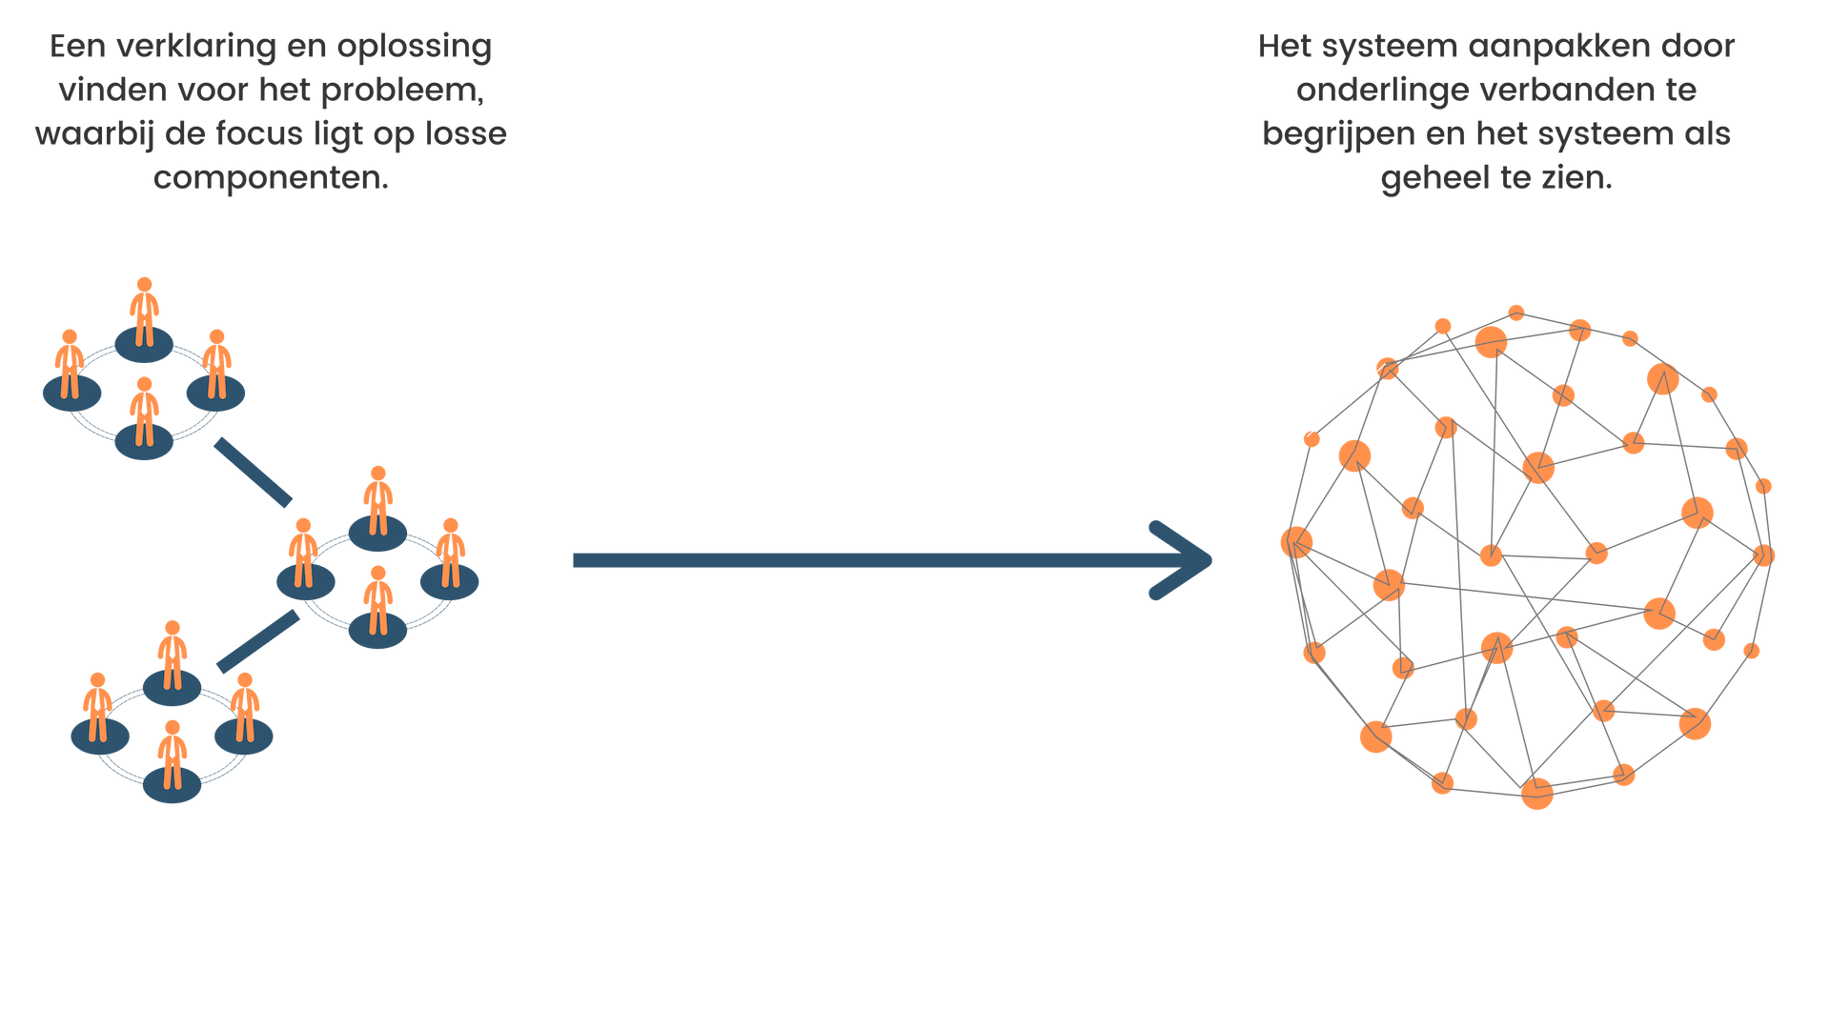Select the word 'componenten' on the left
(270, 177)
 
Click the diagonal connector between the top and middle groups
(253, 472)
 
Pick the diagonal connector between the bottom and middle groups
(257, 641)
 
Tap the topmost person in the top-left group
(144, 312)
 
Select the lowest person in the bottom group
(172, 755)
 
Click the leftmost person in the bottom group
(97, 707)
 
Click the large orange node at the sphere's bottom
(1536, 793)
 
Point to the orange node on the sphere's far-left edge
(1295, 542)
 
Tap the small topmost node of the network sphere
(1516, 313)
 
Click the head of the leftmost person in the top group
(70, 336)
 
